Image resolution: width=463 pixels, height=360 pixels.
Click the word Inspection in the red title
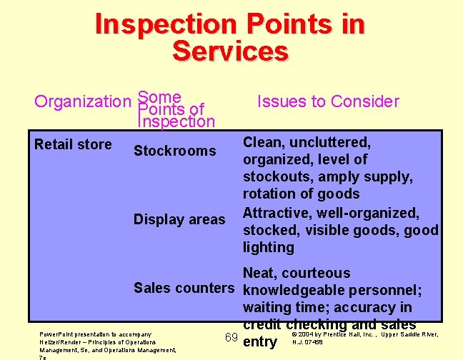164,26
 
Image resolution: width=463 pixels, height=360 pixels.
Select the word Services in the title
230,51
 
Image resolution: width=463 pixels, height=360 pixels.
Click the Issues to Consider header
328,101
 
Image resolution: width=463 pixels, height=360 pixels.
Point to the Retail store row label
73,145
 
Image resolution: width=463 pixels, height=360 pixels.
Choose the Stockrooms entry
174,151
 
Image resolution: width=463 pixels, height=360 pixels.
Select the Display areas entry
179,219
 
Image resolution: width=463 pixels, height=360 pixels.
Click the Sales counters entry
184,288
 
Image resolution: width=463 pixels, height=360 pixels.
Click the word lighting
269,247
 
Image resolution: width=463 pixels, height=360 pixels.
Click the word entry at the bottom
260,342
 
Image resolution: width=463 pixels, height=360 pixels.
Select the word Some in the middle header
159,96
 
